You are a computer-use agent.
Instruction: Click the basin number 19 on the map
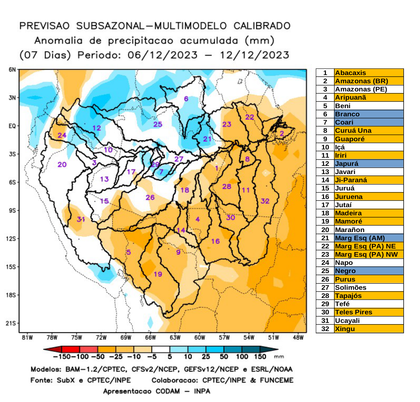click(158, 274)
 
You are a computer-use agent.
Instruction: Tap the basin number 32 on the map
click(265, 201)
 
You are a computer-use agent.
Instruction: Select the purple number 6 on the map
click(186, 99)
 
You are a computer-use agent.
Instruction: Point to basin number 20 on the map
click(62, 164)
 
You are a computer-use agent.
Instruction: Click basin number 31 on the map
click(81, 219)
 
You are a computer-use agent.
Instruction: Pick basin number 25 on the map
click(158, 124)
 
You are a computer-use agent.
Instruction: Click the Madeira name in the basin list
click(348, 213)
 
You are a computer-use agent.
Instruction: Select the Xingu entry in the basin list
click(345, 329)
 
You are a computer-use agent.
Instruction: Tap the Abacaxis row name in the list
click(350, 73)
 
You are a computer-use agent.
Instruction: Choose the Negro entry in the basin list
click(345, 271)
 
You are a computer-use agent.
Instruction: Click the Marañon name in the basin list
click(349, 230)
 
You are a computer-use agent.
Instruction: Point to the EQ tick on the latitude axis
click(12, 126)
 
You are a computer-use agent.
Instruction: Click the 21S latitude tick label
click(11, 323)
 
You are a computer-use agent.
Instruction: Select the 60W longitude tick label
click(200, 338)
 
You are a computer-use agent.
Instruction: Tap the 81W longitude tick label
click(27, 338)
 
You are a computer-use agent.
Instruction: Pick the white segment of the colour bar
click(161, 349)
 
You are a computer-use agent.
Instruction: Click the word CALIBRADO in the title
click(262, 26)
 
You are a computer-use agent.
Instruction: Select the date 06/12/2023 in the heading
click(162, 55)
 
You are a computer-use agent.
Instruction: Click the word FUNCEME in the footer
click(276, 380)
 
